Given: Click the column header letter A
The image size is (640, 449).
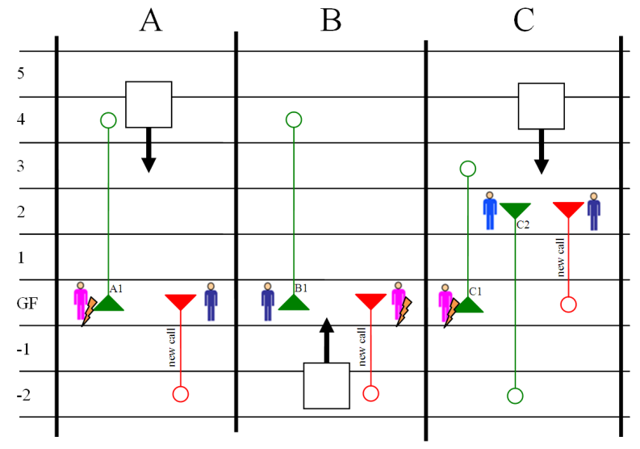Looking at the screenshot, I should (x=151, y=20).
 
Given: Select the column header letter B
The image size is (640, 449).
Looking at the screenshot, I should (x=331, y=20).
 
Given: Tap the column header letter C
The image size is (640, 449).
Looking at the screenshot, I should (x=524, y=20).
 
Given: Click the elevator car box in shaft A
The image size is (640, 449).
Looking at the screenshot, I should (x=148, y=104).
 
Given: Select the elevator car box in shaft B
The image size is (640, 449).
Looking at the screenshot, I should (x=326, y=385).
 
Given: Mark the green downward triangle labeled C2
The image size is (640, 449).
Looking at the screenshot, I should (x=515, y=210).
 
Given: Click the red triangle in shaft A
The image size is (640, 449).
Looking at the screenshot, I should (x=180, y=302).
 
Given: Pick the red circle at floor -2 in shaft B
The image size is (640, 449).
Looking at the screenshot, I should (x=370, y=393).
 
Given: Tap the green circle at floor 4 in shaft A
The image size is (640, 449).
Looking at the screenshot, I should (x=109, y=120).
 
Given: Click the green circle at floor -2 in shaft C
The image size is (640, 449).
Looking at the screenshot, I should (x=515, y=395).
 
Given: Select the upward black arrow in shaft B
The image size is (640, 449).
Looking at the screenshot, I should (x=326, y=339).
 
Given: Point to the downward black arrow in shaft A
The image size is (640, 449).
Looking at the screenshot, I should (x=148, y=150).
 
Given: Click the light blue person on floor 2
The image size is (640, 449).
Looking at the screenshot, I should (x=490, y=211).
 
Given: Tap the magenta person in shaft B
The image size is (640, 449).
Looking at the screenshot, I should (x=398, y=300).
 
